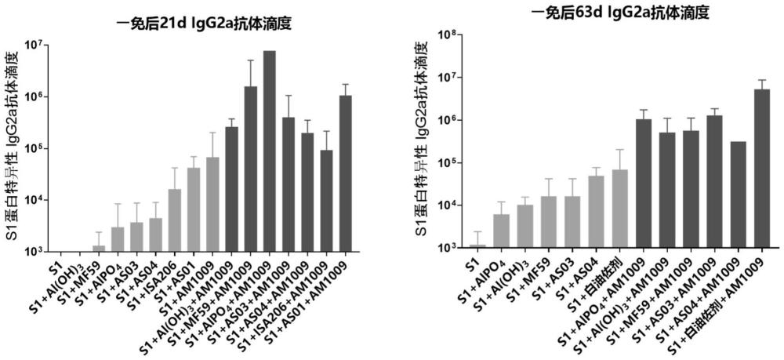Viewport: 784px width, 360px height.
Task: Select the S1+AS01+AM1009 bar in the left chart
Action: (345, 173)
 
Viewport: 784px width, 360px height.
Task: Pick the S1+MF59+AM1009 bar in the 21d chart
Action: (250, 169)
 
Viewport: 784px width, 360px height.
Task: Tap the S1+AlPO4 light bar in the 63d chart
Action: (501, 231)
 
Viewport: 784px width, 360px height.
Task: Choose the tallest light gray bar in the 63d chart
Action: (620, 209)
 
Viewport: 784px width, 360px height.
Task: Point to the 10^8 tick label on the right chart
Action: (446, 35)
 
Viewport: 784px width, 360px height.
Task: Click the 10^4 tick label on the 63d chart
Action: (446, 205)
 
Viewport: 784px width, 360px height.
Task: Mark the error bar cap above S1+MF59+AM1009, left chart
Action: (250, 60)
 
